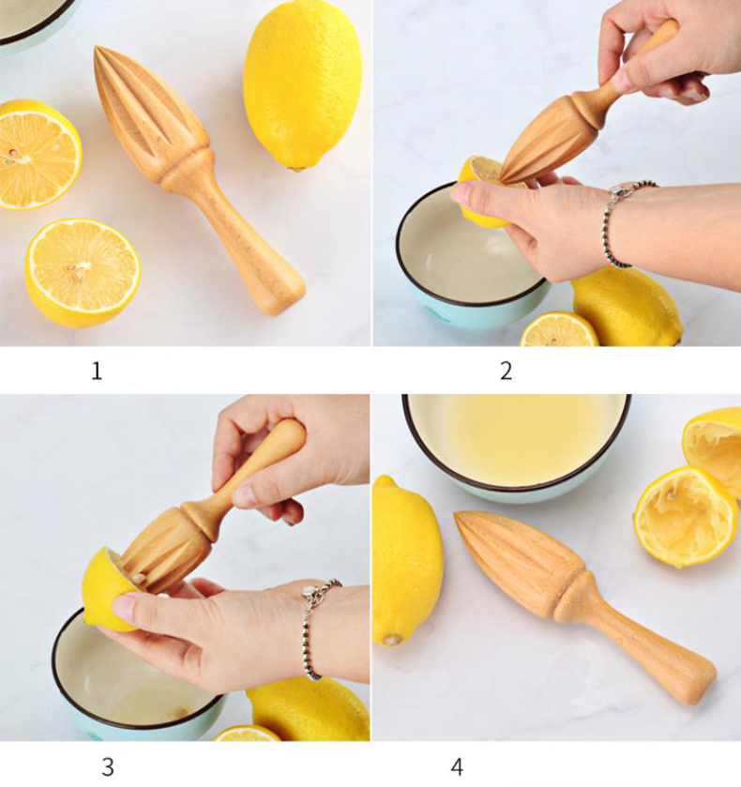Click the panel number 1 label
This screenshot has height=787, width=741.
[97, 371]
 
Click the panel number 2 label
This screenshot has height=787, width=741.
[507, 371]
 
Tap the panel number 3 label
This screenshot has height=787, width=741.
[108, 766]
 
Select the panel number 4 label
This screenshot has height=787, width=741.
[457, 766]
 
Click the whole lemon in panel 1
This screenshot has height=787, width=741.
[302, 85]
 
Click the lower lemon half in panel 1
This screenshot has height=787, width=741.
[83, 273]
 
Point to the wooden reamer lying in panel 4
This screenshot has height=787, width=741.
[582, 602]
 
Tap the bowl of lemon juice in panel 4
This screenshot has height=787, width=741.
[517, 446]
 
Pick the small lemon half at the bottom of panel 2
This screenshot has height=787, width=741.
[559, 331]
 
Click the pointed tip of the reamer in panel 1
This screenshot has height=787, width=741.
[97, 49]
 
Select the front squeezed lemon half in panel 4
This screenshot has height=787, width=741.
[686, 517]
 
